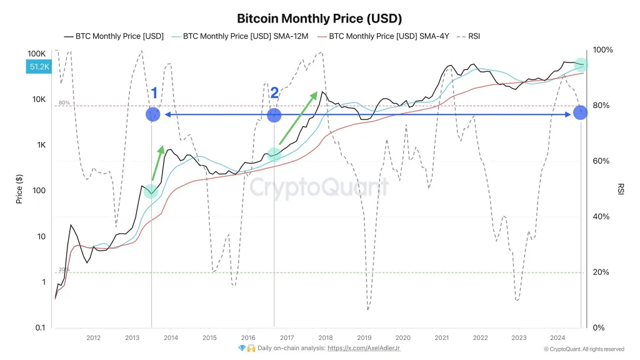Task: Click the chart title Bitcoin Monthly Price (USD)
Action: pyautogui.click(x=319, y=18)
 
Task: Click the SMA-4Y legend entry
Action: pyautogui.click(x=383, y=36)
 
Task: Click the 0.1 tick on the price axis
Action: pyautogui.click(x=40, y=328)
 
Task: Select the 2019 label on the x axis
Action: pyautogui.click(x=364, y=338)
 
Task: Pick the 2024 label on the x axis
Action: pyautogui.click(x=557, y=338)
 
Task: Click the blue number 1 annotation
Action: pyautogui.click(x=154, y=94)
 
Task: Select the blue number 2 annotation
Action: pyautogui.click(x=274, y=94)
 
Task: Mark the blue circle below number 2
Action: pyautogui.click(x=274, y=115)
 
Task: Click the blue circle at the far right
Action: pyautogui.click(x=581, y=112)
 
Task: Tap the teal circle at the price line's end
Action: pyautogui.click(x=581, y=65)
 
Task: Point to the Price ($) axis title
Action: pyautogui.click(x=19, y=189)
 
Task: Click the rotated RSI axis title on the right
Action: pyautogui.click(x=621, y=189)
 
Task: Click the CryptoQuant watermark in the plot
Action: pyautogui.click(x=319, y=187)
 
